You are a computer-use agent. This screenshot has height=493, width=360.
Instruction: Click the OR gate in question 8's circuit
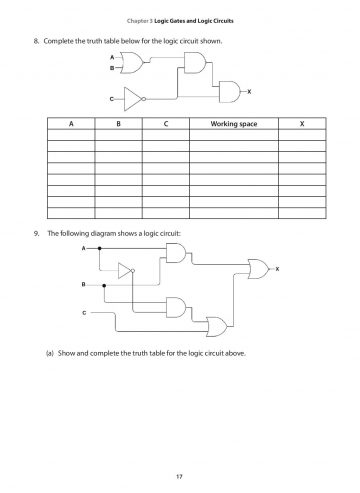(x=128, y=63)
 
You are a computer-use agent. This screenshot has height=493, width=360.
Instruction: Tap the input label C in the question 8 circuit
(x=111, y=99)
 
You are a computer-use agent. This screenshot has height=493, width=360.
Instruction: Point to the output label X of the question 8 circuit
(x=248, y=91)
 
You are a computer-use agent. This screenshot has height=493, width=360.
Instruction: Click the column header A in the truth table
(x=71, y=125)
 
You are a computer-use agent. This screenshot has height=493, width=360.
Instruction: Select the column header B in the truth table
(x=117, y=125)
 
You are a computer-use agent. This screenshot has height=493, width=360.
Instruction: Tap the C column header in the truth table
(x=164, y=125)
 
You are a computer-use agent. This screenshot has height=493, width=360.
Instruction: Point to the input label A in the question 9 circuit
(x=85, y=246)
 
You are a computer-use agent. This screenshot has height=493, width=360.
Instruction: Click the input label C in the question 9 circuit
(x=85, y=313)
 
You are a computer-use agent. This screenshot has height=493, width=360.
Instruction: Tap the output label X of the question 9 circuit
(x=277, y=268)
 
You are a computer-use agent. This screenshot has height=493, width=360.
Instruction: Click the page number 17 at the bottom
(x=180, y=472)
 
